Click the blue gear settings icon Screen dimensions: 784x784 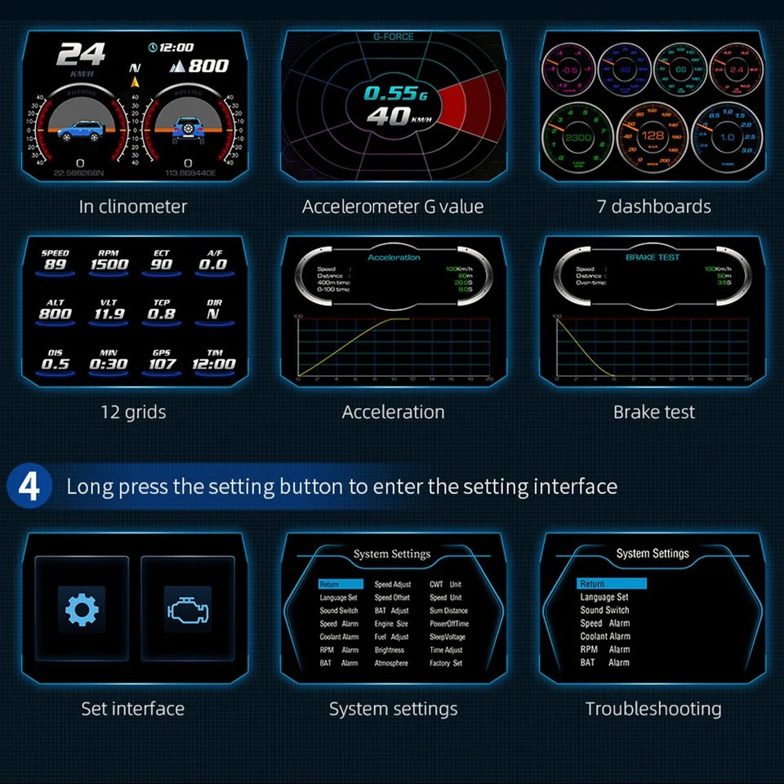click(82, 608)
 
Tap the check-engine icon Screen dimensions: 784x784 click(187, 609)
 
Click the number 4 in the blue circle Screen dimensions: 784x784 click(29, 487)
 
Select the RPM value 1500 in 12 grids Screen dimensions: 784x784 click(109, 264)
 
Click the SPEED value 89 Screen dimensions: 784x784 click(56, 264)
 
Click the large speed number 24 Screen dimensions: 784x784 click(81, 56)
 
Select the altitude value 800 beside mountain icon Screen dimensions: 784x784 click(207, 66)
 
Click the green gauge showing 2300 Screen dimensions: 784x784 click(577, 137)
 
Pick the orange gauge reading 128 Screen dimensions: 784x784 click(653, 136)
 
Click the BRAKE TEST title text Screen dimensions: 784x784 click(653, 257)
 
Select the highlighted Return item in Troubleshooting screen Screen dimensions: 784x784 click(611, 584)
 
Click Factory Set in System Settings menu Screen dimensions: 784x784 click(446, 663)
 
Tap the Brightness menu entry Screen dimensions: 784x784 click(390, 650)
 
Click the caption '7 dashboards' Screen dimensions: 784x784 click(653, 207)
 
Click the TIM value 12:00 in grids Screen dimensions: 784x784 click(214, 364)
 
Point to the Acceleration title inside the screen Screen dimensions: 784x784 click(394, 257)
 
